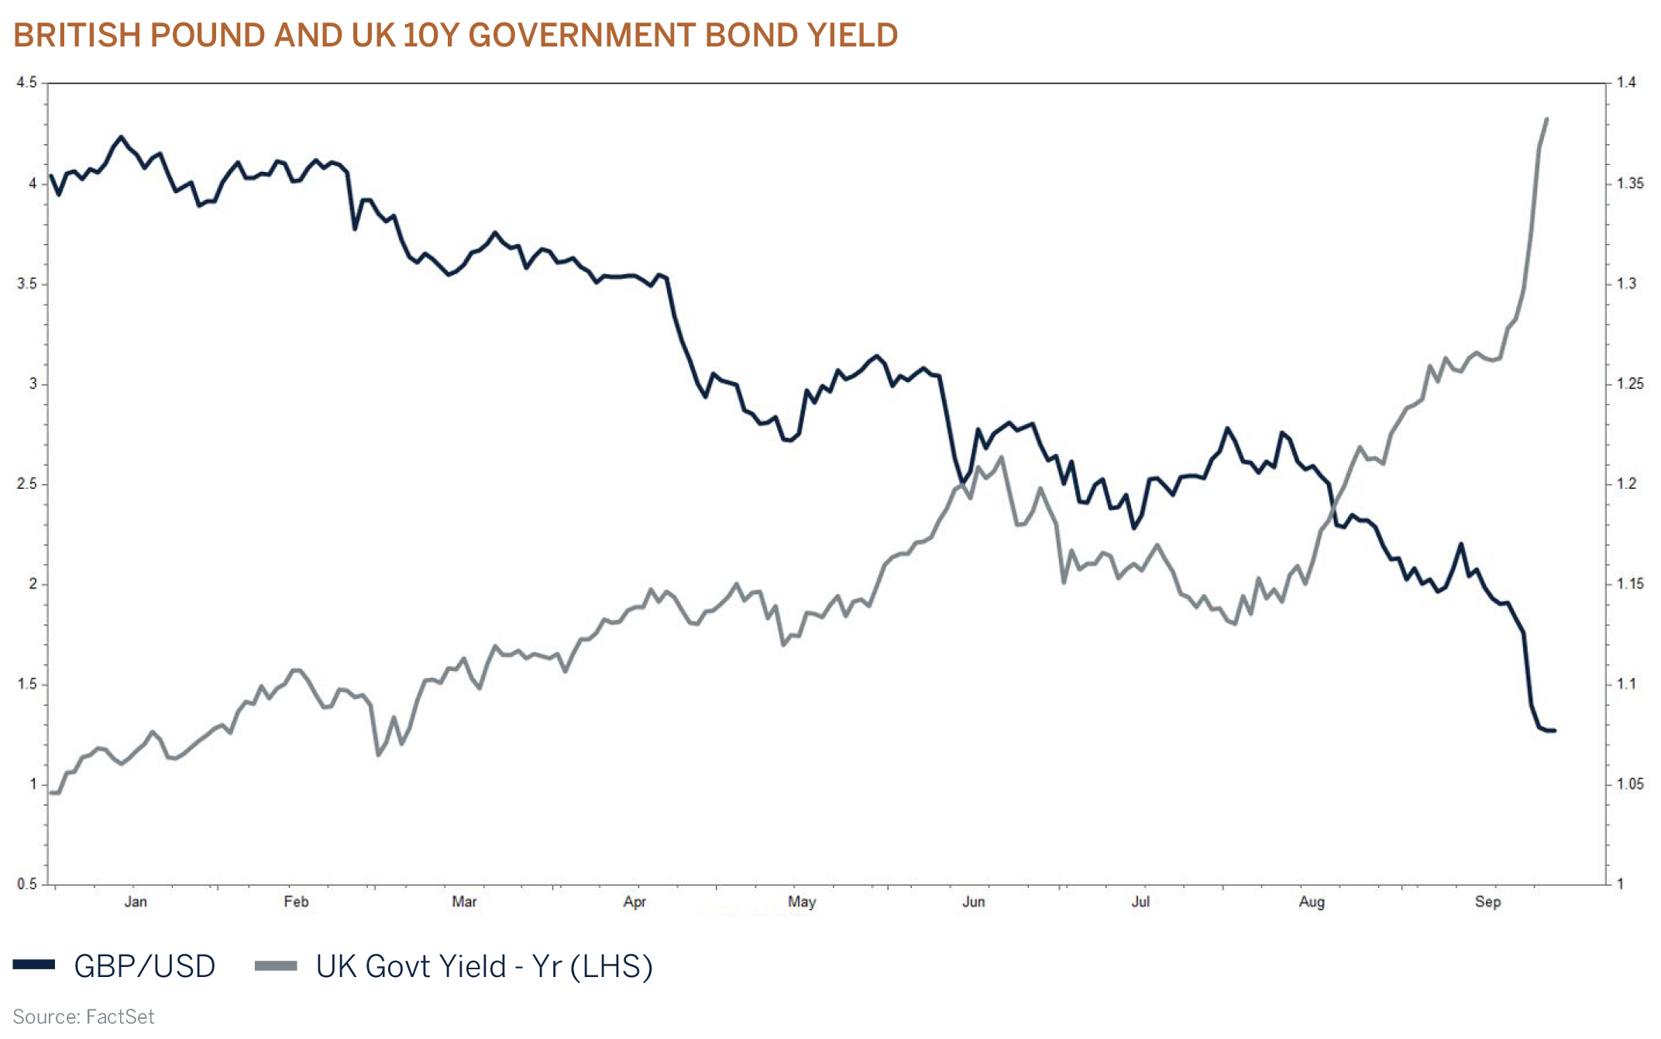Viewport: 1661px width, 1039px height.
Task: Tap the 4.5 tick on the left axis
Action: coord(26,83)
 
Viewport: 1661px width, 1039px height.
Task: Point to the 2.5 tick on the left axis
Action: coord(26,484)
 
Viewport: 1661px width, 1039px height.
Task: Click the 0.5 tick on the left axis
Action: coord(26,884)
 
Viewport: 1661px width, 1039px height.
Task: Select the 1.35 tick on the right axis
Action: coord(1630,184)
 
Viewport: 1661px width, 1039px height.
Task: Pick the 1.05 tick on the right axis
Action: coord(1630,784)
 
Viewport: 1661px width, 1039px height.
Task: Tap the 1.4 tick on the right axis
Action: coord(1626,83)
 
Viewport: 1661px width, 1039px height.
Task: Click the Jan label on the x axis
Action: coord(136,902)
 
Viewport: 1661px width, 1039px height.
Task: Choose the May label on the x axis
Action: coord(802,902)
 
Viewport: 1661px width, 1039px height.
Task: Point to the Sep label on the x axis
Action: coord(1487,902)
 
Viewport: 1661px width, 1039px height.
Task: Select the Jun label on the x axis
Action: coord(973,902)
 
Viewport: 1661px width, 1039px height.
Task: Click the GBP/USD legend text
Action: coord(145,966)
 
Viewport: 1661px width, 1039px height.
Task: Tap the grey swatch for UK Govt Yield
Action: coord(276,965)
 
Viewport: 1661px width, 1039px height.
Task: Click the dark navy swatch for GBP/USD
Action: coord(34,965)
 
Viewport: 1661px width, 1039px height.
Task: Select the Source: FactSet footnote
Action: coord(84,1017)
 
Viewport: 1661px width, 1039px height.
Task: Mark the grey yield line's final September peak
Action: coord(1546,119)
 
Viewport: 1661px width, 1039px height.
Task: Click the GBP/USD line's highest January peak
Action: coord(121,137)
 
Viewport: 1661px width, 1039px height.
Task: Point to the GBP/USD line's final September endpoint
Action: coord(1554,730)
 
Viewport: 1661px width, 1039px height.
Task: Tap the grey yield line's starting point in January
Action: coord(52,792)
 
